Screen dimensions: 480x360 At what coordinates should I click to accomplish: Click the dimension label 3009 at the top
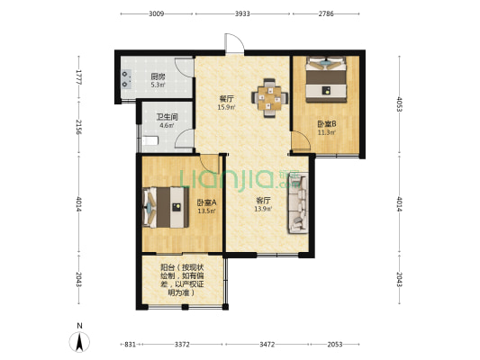(x=157, y=13)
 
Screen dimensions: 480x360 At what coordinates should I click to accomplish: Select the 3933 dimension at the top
(x=242, y=13)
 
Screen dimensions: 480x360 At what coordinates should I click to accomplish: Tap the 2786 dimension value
(x=326, y=13)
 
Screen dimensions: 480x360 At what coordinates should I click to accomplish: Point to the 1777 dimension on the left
(x=78, y=77)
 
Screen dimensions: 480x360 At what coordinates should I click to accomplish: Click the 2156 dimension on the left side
(x=78, y=127)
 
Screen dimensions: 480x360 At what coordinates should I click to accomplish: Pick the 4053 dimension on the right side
(x=399, y=104)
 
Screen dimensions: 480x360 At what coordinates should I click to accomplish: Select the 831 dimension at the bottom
(x=130, y=345)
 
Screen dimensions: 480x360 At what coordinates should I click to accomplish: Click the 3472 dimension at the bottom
(x=267, y=345)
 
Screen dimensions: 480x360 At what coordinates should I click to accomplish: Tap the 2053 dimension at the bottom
(x=335, y=345)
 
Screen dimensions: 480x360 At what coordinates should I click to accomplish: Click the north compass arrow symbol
(x=79, y=341)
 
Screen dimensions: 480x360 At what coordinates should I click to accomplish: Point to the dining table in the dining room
(x=269, y=98)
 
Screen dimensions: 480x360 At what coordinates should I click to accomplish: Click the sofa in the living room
(x=297, y=203)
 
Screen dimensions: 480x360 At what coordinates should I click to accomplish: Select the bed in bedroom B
(x=326, y=79)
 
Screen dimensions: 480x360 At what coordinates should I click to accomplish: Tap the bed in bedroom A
(x=166, y=207)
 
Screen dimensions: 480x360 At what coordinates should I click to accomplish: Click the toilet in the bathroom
(x=150, y=140)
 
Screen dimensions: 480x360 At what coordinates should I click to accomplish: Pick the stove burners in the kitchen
(x=126, y=79)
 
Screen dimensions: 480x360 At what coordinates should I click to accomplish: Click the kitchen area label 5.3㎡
(x=158, y=85)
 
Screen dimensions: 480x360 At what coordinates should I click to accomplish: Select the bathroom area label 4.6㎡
(x=168, y=125)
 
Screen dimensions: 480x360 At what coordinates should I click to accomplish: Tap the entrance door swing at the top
(x=234, y=43)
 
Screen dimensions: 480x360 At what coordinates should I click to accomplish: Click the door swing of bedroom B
(x=301, y=140)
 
